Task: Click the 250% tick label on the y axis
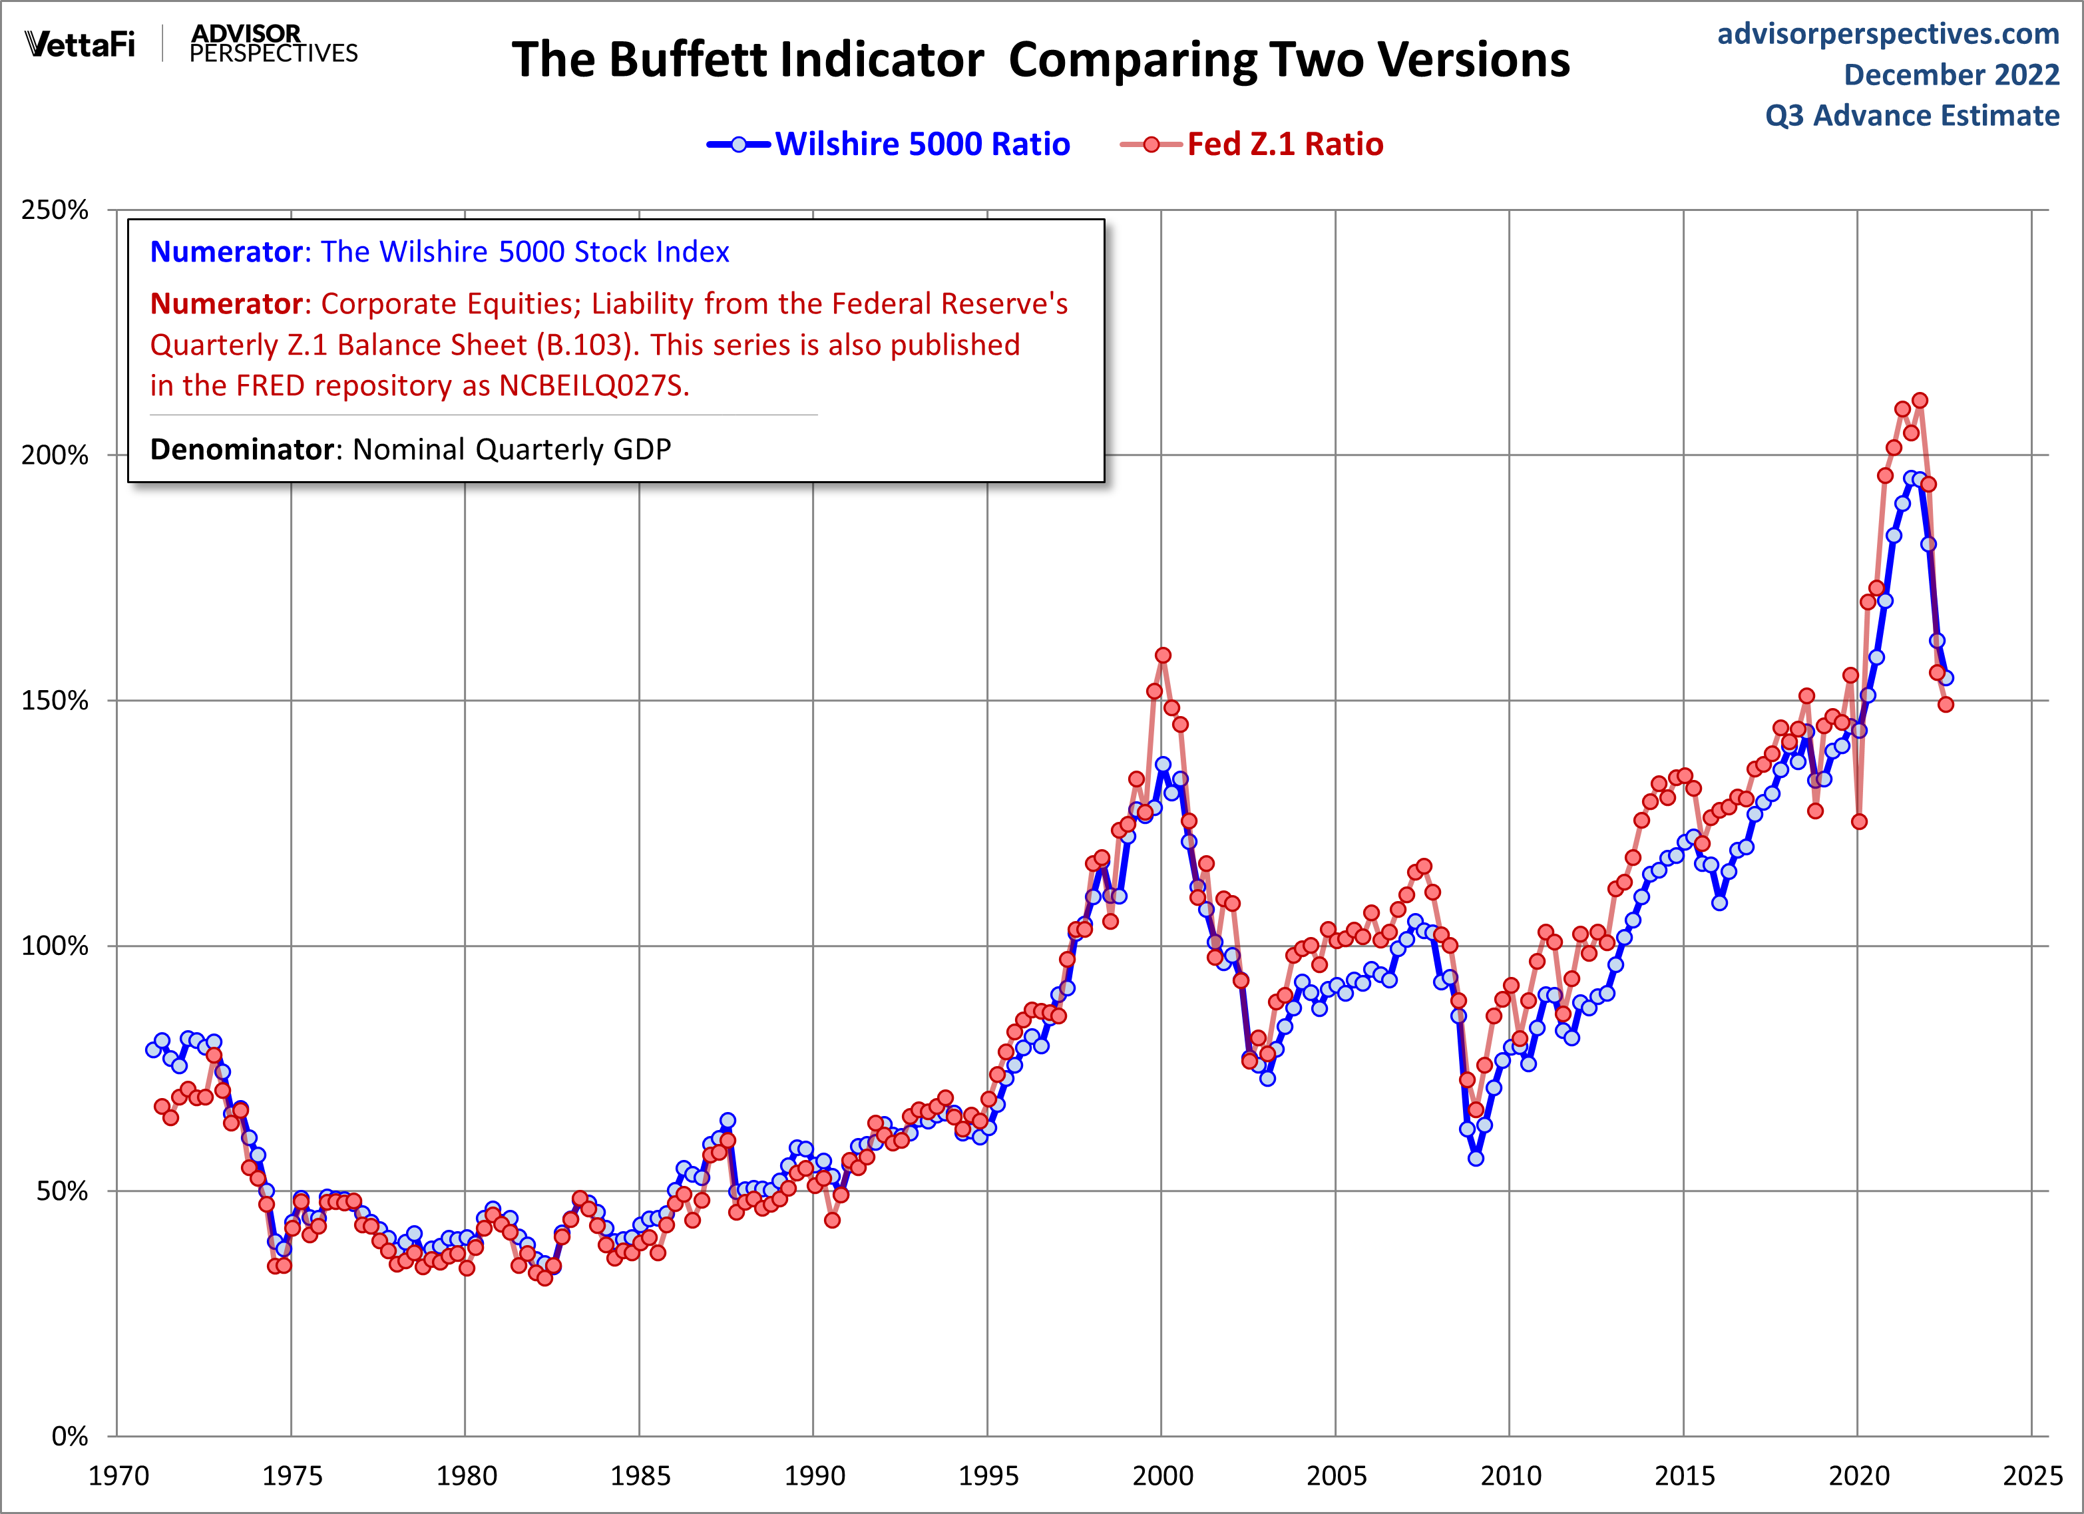pos(55,210)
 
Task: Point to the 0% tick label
pos(69,1436)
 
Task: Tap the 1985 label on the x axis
pos(640,1476)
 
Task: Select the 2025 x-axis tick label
pos(2031,1476)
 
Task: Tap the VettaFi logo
pos(80,44)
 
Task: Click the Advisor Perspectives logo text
pos(273,44)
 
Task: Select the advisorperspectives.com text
pos(1888,34)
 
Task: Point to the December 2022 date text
pos(1951,75)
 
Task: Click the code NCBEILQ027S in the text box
pos(592,386)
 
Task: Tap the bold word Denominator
pos(242,449)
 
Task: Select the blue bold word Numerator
pos(226,252)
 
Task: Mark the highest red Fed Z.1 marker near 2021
pos(1920,401)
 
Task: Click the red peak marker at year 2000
pos(1163,655)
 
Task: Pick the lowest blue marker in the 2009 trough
pos(1476,1159)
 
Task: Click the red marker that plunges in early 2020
pos(1859,821)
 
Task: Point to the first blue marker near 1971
pos(154,1049)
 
